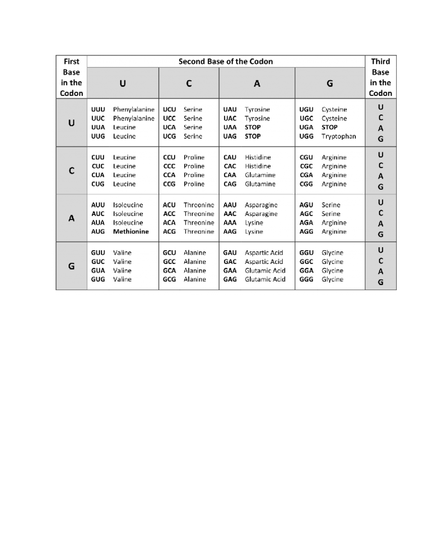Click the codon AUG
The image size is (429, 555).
98,232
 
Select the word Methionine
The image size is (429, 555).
131,232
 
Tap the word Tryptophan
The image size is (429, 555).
339,136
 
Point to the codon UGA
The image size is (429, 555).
306,127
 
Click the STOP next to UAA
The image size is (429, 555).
252,127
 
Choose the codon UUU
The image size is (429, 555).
98,109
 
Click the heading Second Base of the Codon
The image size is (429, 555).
226,61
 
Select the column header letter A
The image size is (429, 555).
257,84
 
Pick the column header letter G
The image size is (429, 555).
330,84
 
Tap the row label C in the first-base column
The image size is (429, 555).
71,171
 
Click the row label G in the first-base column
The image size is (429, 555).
71,266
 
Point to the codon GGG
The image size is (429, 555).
306,279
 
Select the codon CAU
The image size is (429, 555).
230,157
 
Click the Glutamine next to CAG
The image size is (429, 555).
260,184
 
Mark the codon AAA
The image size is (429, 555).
230,223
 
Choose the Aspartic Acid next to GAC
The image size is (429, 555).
264,262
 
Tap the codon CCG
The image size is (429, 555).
169,184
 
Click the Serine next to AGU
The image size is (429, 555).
331,205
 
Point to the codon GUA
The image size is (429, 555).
98,271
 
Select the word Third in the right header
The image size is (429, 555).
380,61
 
